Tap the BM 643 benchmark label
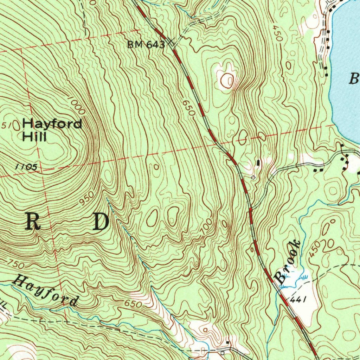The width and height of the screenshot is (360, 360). pyautogui.click(x=146, y=45)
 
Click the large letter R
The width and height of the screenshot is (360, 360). pyautogui.click(x=33, y=222)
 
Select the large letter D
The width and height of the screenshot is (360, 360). pyautogui.click(x=101, y=222)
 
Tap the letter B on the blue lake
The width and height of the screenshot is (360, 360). pyautogui.click(x=353, y=78)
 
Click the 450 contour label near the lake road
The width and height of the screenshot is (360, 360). pyautogui.click(x=277, y=33)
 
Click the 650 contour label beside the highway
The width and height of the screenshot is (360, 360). pyautogui.click(x=188, y=109)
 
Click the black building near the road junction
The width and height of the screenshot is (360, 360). pyautogui.click(x=259, y=163)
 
